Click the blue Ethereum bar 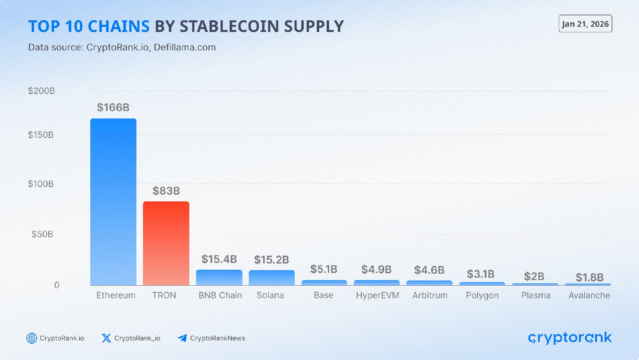113,202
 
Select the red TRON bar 166,243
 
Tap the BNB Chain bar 219,277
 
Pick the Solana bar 272,278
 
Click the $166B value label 113,107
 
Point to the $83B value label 166,191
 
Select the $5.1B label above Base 324,269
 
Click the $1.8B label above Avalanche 589,277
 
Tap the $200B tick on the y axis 41,91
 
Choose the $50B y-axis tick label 42,234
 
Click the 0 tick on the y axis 56,285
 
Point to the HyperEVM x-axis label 377,295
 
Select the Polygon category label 482,295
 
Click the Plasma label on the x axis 536,295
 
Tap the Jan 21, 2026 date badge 585,24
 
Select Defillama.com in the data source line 185,47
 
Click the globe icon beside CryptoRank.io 32,338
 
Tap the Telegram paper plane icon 183,338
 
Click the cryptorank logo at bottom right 570,338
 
